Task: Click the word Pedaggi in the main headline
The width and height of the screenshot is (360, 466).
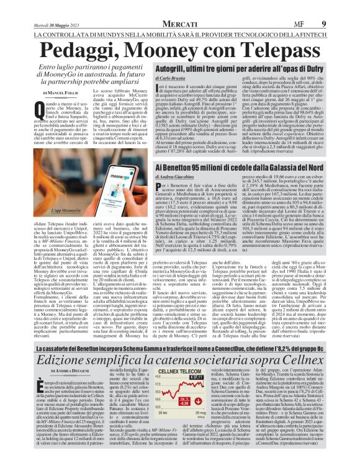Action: [70, 53]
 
